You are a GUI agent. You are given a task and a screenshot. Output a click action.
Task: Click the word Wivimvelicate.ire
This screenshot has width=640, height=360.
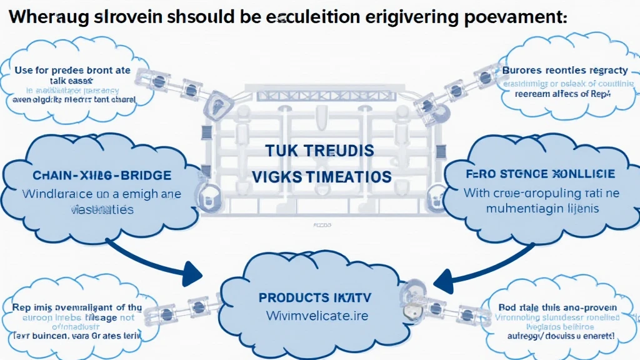point(317,316)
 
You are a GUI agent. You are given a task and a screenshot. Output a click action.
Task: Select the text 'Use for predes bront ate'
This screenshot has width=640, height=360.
point(72,70)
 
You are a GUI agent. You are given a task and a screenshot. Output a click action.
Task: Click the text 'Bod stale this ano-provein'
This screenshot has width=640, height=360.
point(557,307)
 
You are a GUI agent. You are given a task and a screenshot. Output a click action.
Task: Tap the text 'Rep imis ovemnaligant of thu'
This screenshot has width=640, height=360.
point(77,307)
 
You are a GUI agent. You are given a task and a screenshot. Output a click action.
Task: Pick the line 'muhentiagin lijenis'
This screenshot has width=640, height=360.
point(542,208)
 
